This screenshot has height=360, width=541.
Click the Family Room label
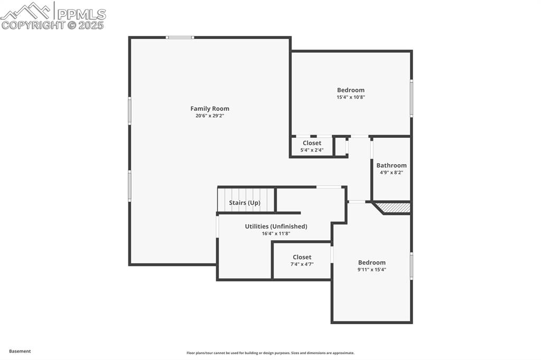(210, 109)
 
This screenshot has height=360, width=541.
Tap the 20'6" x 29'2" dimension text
(210, 116)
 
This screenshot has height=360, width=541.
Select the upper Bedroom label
(351, 90)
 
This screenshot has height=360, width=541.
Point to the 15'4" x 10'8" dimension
(351, 97)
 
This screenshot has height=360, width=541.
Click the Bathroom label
(391, 165)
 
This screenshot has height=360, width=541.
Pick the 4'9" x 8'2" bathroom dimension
(391, 172)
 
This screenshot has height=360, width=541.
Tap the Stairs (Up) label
(245, 203)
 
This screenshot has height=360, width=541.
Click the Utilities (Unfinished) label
(276, 226)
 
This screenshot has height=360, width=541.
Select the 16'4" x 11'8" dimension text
(276, 233)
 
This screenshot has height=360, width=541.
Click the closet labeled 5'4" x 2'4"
(312, 146)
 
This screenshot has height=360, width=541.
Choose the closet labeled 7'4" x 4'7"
(302, 260)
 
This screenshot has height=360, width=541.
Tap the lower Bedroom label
(372, 262)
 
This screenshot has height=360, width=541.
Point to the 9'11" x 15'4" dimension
(372, 269)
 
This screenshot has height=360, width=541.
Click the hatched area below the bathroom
(396, 207)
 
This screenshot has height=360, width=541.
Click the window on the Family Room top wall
(180, 37)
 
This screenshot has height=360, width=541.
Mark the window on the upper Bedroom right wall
(412, 98)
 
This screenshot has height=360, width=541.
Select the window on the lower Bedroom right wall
(412, 266)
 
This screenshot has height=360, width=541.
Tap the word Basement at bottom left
(20, 351)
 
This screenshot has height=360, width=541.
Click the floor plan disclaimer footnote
(270, 353)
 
